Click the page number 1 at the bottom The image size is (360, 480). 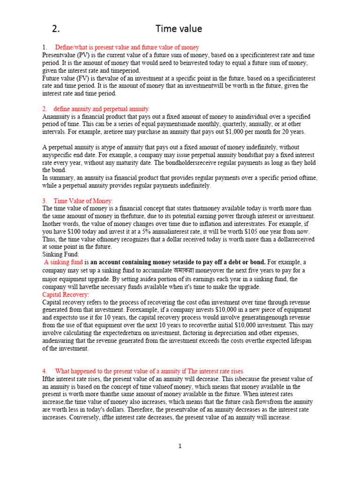click(180, 446)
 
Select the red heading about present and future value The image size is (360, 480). click(127, 47)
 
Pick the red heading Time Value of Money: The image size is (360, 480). click(83, 201)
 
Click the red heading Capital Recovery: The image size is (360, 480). click(66, 294)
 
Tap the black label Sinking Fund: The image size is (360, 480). click(61, 254)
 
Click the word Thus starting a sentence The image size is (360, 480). click(50, 239)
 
